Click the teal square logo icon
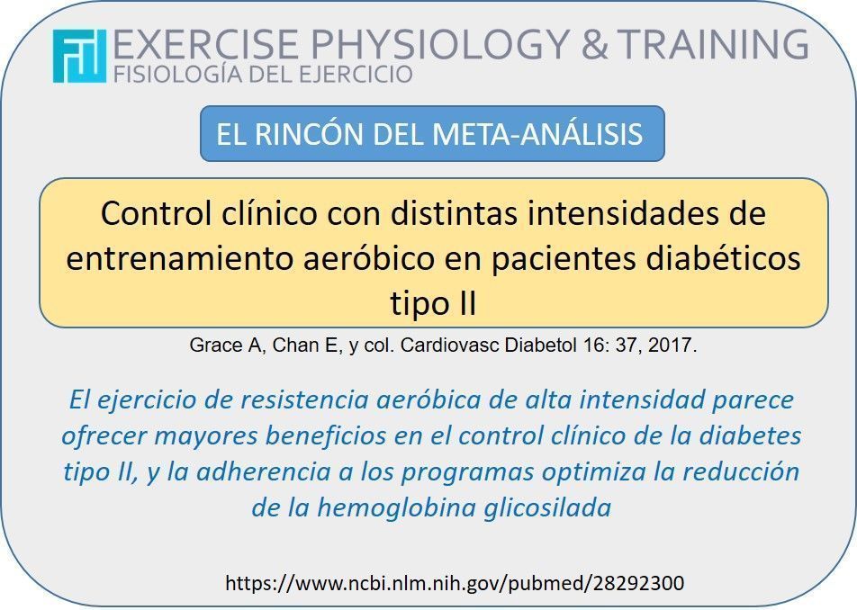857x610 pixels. [80, 57]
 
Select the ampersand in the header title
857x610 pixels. [595, 43]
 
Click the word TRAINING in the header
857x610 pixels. [713, 43]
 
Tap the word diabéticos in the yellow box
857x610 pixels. [723, 258]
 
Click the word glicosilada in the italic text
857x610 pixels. [547, 508]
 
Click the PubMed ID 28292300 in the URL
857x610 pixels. [638, 583]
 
